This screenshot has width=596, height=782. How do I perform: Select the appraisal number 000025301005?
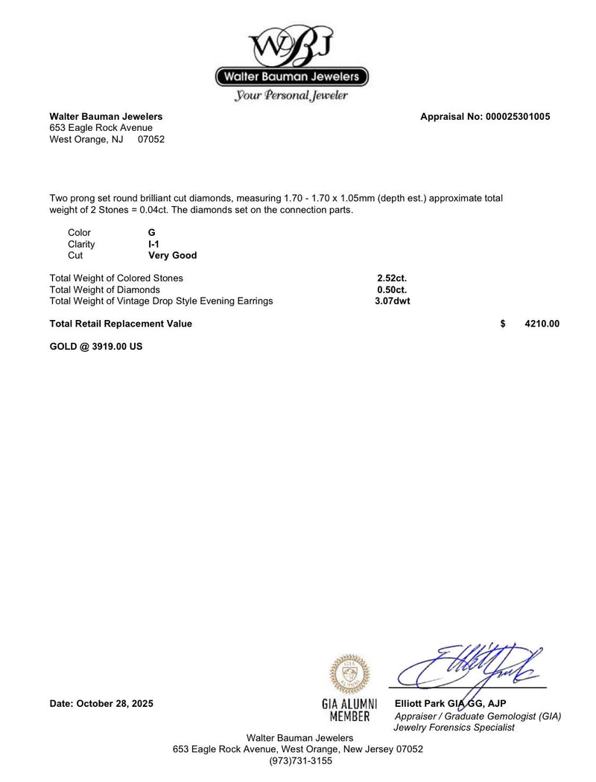click(517, 117)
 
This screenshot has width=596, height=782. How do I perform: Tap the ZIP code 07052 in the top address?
click(151, 139)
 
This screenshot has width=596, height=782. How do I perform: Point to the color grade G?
click(152, 233)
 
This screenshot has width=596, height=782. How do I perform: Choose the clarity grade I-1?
click(153, 244)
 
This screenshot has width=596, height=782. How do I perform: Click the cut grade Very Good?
click(173, 255)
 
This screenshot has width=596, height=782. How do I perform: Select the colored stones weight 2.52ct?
click(392, 278)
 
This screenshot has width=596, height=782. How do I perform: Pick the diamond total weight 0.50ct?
click(392, 289)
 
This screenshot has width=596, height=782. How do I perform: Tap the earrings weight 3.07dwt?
click(393, 301)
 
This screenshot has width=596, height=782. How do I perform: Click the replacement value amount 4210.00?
click(542, 324)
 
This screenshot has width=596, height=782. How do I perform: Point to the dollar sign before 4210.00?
click(503, 324)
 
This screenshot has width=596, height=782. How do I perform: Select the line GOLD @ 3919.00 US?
click(96, 346)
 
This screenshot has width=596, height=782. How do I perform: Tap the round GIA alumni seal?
click(349, 674)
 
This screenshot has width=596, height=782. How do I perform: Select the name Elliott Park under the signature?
click(419, 704)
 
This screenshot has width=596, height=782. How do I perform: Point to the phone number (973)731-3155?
click(297, 761)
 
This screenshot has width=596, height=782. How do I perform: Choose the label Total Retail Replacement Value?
click(121, 324)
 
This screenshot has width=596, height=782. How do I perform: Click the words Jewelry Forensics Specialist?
click(454, 727)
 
